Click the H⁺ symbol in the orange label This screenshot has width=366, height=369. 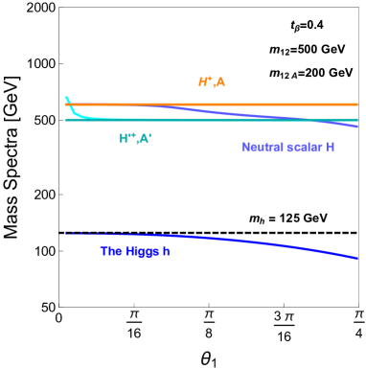click(204, 82)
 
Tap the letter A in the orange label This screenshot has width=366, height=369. click(220, 82)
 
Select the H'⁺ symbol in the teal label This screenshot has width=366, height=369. click(126, 139)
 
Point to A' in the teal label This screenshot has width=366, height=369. click(145, 139)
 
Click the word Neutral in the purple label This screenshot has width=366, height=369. click(260, 147)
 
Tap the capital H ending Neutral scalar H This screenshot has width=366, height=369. click(330, 147)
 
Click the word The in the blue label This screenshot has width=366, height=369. click(111, 252)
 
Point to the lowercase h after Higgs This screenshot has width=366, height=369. click(166, 252)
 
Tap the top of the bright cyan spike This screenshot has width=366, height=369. click(66, 98)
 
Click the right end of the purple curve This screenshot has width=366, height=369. click(357, 126)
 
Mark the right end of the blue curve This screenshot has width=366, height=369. click(357, 258)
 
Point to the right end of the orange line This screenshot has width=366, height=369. click(356, 104)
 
